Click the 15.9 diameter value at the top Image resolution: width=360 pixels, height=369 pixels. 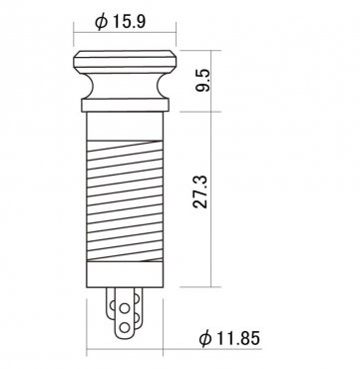point(129,22)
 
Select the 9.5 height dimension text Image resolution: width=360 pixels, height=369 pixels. point(202,81)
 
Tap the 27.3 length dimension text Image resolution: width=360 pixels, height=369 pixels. point(200,191)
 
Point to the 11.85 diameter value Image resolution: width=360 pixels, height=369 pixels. point(238,338)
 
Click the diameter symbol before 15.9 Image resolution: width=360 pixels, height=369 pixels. point(102,22)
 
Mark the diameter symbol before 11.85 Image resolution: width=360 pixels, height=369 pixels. point(205,339)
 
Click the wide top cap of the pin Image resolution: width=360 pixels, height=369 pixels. point(125,62)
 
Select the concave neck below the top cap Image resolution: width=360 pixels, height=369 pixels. point(125,86)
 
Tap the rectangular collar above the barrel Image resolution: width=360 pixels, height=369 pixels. point(125,105)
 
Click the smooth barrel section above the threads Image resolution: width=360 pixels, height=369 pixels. point(125,126)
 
